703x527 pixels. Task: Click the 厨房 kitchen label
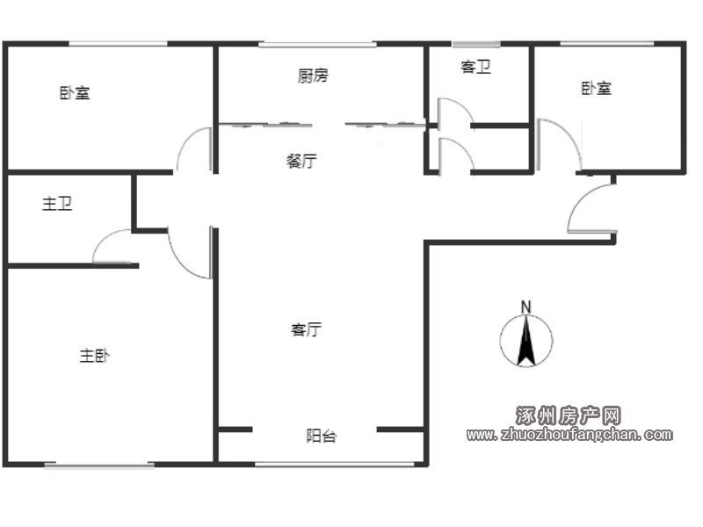[313, 76]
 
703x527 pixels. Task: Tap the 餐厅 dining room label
[301, 161]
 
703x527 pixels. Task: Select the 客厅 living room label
[306, 329]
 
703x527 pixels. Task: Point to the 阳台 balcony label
[322, 436]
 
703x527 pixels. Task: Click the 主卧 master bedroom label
[95, 356]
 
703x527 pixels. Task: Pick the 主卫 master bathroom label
[57, 204]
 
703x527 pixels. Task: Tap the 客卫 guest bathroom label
[475, 67]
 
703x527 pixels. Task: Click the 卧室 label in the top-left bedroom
[75, 93]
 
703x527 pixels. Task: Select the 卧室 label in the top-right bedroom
[597, 88]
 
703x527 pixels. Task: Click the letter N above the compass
[525, 307]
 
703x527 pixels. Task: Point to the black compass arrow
[525, 341]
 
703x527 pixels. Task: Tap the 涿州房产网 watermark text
[568, 415]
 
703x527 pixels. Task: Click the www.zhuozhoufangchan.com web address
[569, 434]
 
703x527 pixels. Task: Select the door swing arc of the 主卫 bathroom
[104, 237]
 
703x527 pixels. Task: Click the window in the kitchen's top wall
[317, 44]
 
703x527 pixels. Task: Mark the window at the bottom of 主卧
[99, 466]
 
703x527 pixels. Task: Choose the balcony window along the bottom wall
[335, 465]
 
